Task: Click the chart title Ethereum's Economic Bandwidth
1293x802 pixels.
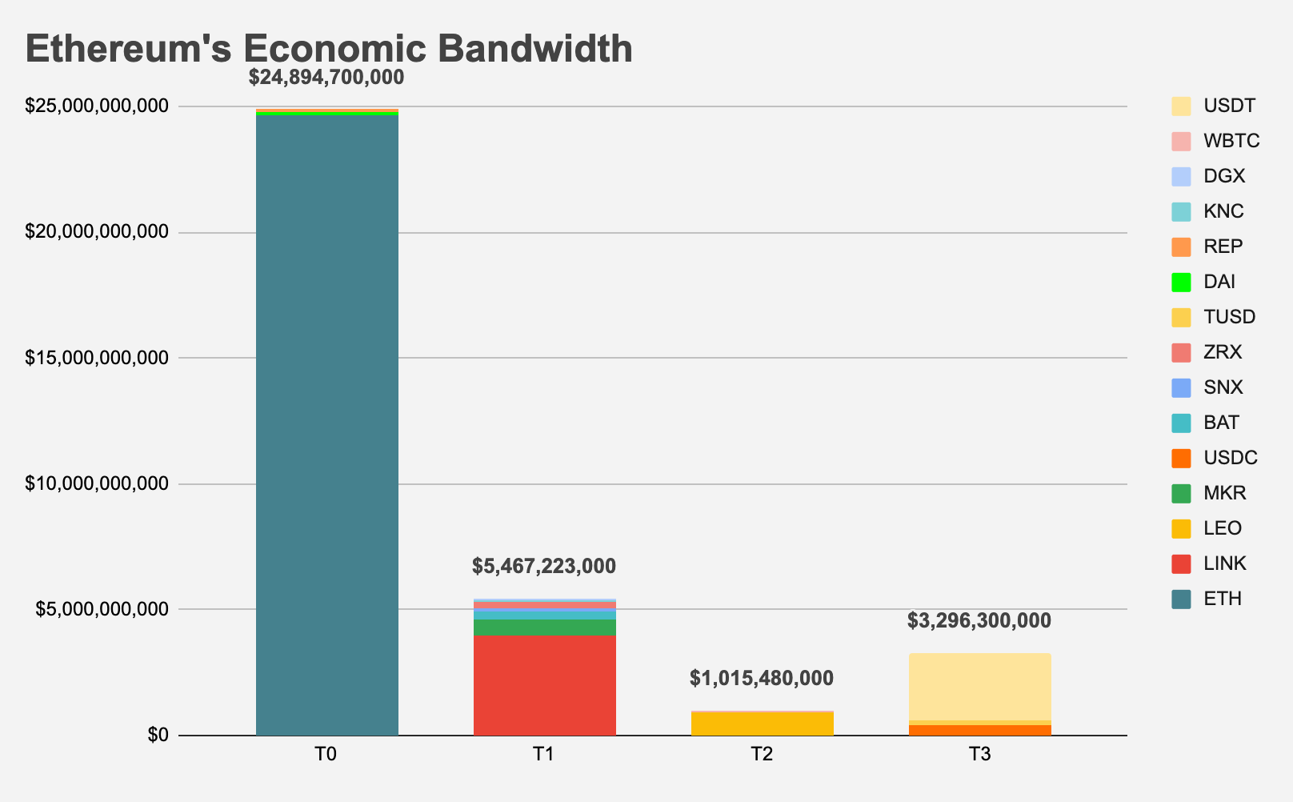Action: (x=329, y=50)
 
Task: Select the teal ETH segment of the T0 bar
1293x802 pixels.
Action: (x=327, y=424)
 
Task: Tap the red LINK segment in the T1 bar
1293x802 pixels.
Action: (x=545, y=685)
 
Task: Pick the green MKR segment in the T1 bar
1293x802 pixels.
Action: (x=545, y=627)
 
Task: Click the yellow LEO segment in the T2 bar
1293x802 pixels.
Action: (x=763, y=724)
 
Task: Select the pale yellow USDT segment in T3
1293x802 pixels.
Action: (x=980, y=686)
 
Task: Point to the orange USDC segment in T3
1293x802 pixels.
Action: (x=980, y=730)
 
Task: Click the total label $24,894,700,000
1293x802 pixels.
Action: (x=326, y=78)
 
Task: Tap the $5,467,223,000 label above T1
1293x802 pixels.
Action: (x=544, y=567)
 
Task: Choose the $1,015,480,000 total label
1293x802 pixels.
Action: (x=762, y=679)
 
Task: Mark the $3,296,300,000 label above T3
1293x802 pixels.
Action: (x=979, y=621)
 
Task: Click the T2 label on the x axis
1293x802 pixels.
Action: (x=762, y=755)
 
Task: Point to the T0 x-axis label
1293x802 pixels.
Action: (x=326, y=755)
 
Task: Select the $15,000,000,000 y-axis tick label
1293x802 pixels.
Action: (x=97, y=358)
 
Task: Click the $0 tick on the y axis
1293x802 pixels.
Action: (x=158, y=736)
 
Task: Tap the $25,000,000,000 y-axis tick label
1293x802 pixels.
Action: (x=97, y=106)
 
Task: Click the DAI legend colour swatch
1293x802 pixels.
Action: (x=1181, y=282)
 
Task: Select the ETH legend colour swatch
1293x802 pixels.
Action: (x=1181, y=599)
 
